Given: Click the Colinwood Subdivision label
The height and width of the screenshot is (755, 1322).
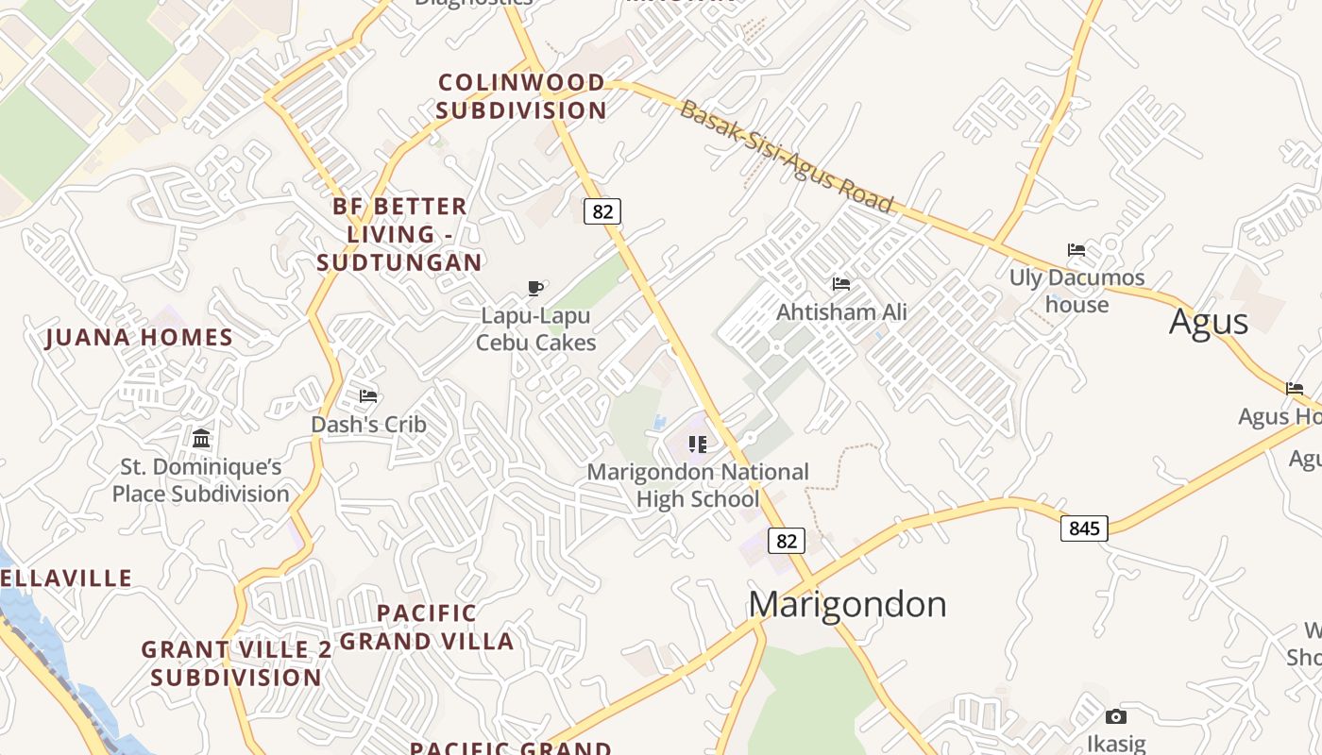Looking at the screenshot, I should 521,96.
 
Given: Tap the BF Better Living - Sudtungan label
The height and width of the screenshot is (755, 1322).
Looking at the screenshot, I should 399,234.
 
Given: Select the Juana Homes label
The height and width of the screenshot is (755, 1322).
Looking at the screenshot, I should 139,338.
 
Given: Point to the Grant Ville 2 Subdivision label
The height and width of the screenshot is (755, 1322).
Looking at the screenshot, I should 236,663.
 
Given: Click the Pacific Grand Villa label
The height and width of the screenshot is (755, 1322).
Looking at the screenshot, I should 427,628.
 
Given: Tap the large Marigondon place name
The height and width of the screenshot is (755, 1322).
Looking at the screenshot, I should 847,604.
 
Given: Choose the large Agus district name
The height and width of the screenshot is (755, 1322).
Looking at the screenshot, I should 1208,322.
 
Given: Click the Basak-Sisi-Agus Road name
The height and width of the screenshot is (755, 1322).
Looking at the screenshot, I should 786,157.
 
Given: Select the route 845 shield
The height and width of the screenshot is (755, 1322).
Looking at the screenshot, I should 1084,528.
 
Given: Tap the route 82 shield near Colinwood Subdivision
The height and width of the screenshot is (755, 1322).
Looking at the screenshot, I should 602,211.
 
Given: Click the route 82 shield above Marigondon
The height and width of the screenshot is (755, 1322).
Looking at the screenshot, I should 786,541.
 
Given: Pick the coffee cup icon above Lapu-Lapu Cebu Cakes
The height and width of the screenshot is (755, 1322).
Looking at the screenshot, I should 535,288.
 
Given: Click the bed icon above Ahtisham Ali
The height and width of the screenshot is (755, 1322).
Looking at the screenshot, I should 840,283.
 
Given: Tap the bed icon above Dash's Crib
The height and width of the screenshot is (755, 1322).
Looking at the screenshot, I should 368,396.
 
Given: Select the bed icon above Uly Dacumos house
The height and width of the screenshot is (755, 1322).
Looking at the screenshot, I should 1076,250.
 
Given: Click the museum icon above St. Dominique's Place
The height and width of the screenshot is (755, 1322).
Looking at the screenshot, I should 201,438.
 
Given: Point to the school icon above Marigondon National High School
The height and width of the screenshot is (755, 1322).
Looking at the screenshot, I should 698,444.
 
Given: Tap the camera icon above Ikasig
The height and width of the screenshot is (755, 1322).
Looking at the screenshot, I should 1116,716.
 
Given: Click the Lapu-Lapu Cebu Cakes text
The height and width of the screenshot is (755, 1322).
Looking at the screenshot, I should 535,328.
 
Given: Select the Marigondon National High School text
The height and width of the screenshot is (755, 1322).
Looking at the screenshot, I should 698,485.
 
